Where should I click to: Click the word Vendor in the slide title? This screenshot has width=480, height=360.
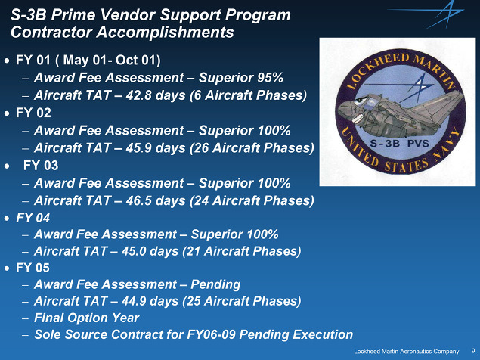(x=127, y=14)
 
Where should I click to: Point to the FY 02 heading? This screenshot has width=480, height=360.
(x=33, y=113)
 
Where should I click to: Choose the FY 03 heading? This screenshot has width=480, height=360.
(x=41, y=166)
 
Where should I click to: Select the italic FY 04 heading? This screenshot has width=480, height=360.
(x=33, y=218)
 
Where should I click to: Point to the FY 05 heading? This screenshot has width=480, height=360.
(x=33, y=268)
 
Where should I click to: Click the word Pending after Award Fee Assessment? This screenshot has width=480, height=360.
(x=215, y=284)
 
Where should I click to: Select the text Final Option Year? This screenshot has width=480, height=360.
(x=87, y=318)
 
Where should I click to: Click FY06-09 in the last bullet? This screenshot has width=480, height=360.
(x=211, y=334)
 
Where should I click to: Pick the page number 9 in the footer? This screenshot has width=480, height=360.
(x=473, y=351)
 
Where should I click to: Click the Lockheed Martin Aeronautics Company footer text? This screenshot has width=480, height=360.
(x=407, y=352)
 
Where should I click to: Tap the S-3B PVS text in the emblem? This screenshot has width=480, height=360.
(x=399, y=144)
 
